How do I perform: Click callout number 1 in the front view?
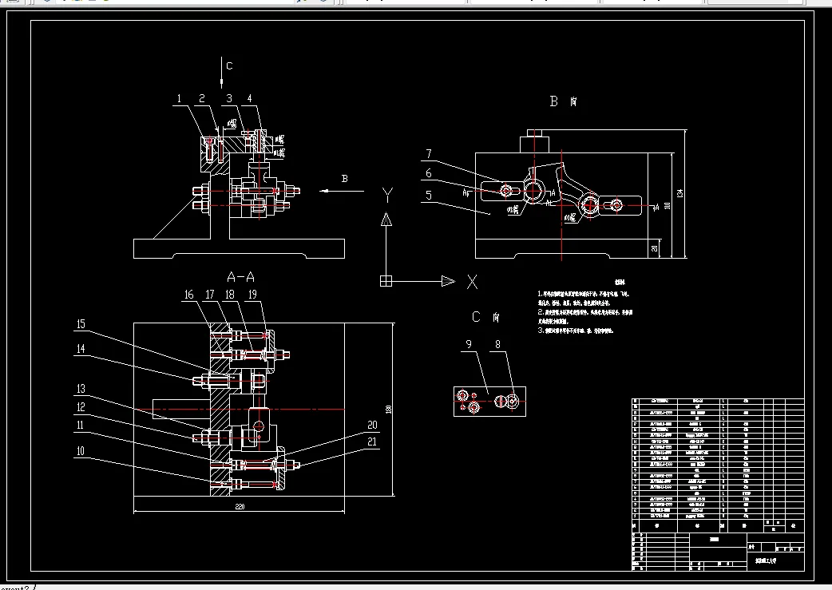(x=180, y=99)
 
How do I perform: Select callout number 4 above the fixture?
(x=249, y=99)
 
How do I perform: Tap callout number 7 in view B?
(x=428, y=153)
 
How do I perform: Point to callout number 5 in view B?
(x=428, y=193)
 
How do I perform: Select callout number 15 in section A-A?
(x=81, y=323)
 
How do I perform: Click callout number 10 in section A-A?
(x=81, y=450)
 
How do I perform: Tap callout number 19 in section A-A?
(x=252, y=295)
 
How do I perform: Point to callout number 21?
(x=372, y=442)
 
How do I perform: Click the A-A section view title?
(x=240, y=277)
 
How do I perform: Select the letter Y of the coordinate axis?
(x=387, y=194)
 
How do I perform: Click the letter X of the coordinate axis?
(x=472, y=281)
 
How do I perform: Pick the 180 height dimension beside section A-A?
(x=388, y=410)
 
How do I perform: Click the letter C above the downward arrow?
(x=229, y=66)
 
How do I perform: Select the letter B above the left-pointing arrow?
(x=345, y=179)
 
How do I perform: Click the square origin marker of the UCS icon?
(x=386, y=280)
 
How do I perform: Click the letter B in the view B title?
(x=554, y=101)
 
